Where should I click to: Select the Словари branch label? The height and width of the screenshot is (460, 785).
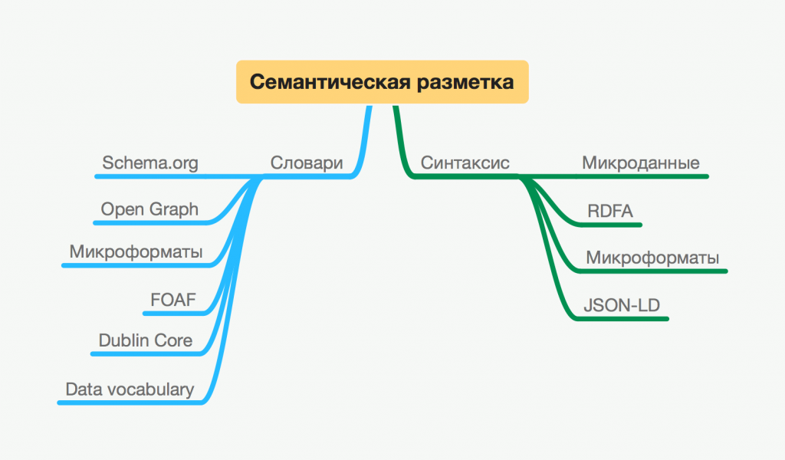pyautogui.click(x=306, y=163)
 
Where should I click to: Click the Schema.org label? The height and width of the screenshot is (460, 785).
pyautogui.click(x=150, y=163)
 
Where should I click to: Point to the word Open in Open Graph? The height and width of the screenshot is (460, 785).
pyautogui.click(x=122, y=209)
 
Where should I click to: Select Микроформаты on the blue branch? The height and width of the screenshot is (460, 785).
pyautogui.click(x=136, y=251)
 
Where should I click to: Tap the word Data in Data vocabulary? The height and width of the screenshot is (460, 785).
pyautogui.click(x=83, y=389)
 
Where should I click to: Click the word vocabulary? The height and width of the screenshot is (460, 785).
pyautogui.click(x=149, y=389)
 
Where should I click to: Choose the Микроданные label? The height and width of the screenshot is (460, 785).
pyautogui.click(x=640, y=163)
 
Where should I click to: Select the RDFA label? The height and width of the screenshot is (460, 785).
pyautogui.click(x=610, y=212)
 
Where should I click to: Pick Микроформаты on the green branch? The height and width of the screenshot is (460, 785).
pyautogui.click(x=652, y=258)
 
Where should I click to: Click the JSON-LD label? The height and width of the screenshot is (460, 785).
pyautogui.click(x=622, y=304)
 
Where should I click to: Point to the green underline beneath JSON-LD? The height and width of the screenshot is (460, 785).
pyautogui.click(x=622, y=317)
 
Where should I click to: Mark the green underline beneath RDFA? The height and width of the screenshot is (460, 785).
pyautogui.click(x=610, y=225)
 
